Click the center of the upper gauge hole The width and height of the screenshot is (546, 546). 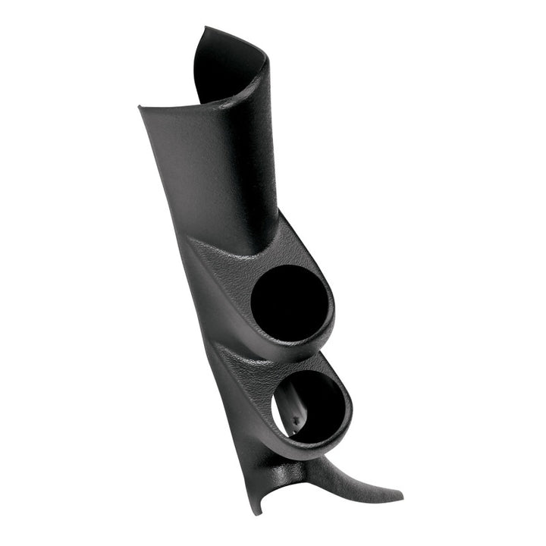click(290, 300)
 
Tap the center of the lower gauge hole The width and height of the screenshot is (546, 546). click(309, 405)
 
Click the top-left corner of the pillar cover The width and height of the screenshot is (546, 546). click(140, 107)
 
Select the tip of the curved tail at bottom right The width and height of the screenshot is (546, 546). click(400, 498)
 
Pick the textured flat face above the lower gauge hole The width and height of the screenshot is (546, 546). click(250, 364)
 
